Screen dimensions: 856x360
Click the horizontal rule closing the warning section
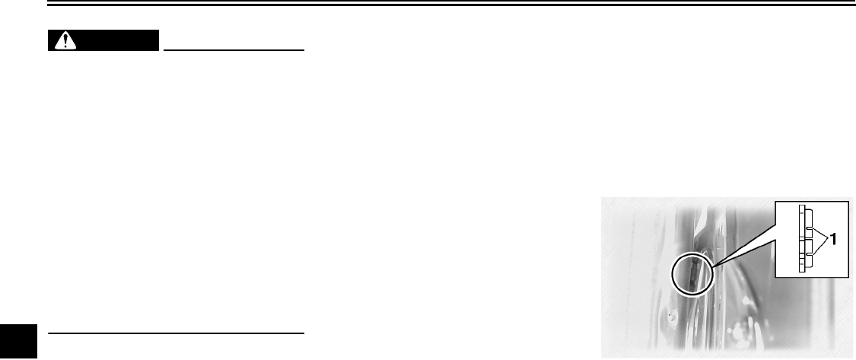pyautogui.click(x=176, y=333)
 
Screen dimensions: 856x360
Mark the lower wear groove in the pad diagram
pyautogui.click(x=809, y=255)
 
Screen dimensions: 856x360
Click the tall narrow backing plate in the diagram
pyautogui.click(x=803, y=239)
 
